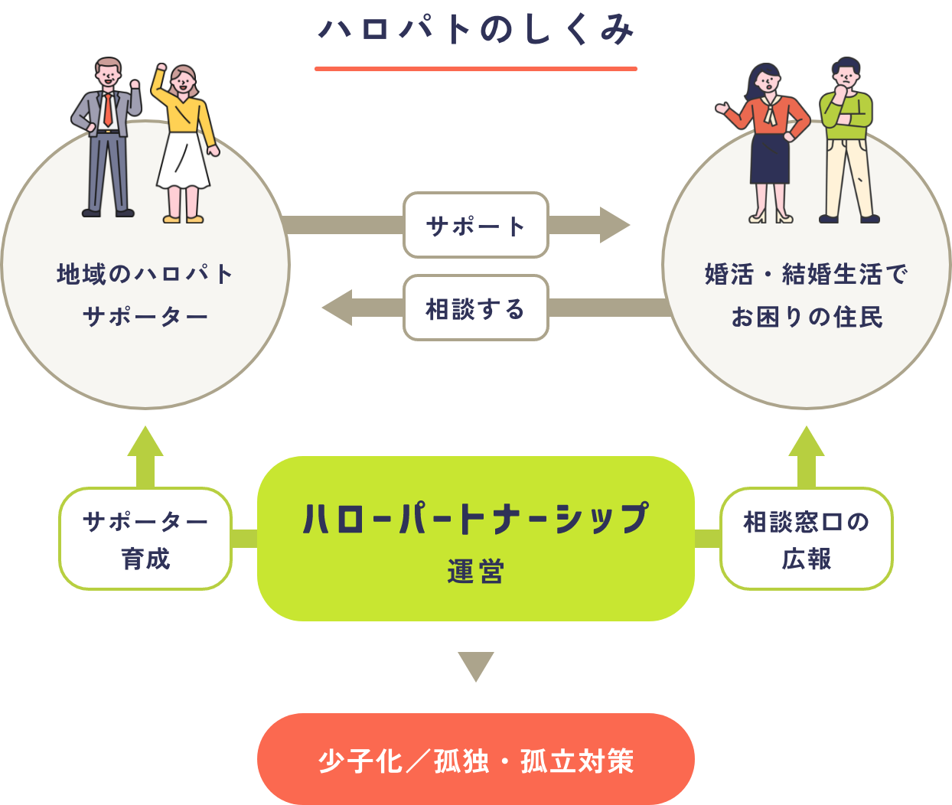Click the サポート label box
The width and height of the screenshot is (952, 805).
pyautogui.click(x=475, y=225)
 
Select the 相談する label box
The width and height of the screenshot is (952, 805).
pyautogui.click(x=475, y=308)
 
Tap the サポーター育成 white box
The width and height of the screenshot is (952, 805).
pyautogui.click(x=145, y=539)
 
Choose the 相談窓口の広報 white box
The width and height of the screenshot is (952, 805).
pyautogui.click(x=806, y=539)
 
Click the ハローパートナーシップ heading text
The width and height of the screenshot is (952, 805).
pyautogui.click(x=475, y=518)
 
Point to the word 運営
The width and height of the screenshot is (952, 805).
pyautogui.click(x=475, y=572)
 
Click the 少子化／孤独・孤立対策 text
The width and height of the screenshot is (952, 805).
pyautogui.click(x=475, y=761)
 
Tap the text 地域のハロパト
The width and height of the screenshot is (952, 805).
pyautogui.click(x=145, y=273)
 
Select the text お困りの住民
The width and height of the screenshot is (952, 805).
pyautogui.click(x=807, y=316)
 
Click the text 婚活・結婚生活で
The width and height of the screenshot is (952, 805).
pyautogui.click(x=807, y=273)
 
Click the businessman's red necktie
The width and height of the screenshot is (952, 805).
pyautogui.click(x=109, y=109)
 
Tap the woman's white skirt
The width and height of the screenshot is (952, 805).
pyautogui.click(x=184, y=161)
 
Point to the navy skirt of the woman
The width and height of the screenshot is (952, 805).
pyautogui.click(x=769, y=157)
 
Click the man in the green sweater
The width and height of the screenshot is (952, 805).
pyautogui.click(x=847, y=138)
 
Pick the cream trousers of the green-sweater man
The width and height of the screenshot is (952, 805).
pyautogui.click(x=848, y=176)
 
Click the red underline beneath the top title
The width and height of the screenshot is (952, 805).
pyautogui.click(x=533, y=69)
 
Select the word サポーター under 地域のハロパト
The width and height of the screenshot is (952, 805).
pyautogui.click(x=145, y=316)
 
